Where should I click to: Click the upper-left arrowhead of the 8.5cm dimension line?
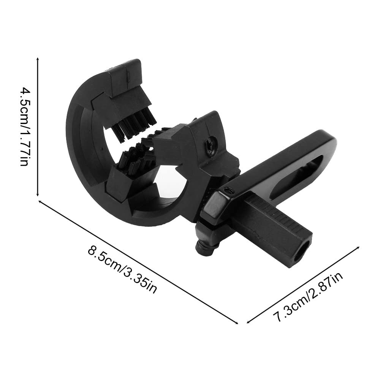pyautogui.click(x=41, y=202)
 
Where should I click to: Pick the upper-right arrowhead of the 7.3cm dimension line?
pyautogui.click(x=357, y=249)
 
